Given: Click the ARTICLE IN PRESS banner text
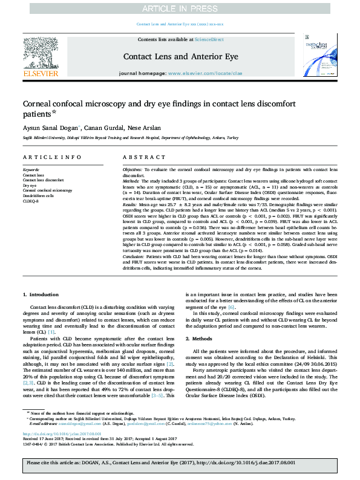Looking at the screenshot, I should click(x=180, y=8).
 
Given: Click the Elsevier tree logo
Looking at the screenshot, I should click(x=41, y=56).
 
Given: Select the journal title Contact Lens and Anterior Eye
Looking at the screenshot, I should click(x=180, y=56).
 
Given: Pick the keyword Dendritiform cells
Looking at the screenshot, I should click(x=38, y=196).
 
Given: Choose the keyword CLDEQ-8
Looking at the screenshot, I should click(x=30, y=201).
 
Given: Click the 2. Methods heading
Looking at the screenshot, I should click(x=205, y=339).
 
